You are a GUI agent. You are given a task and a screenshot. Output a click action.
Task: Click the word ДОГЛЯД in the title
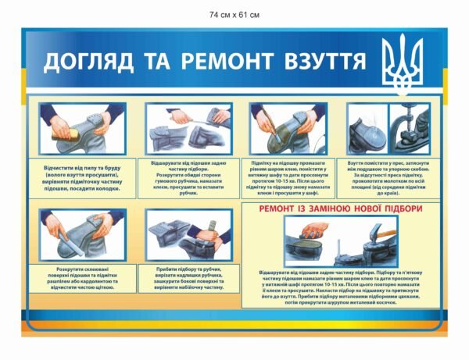(80, 62)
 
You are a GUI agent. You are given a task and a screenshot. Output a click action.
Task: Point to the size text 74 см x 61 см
(234, 15)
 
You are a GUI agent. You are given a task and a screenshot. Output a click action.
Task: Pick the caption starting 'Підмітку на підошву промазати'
(288, 176)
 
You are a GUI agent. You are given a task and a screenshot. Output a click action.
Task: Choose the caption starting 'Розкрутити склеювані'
(83, 276)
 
